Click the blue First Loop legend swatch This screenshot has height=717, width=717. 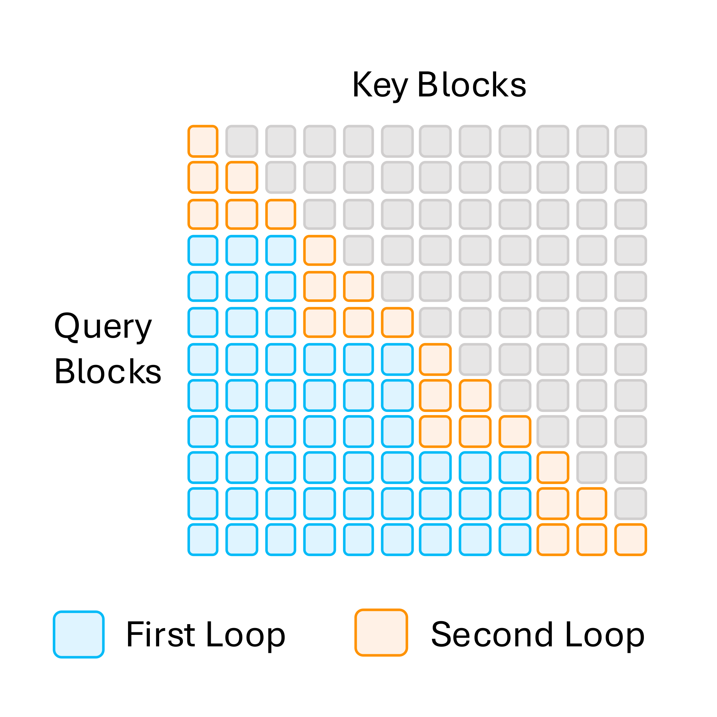point(79,634)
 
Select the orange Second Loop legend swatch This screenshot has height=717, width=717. point(381,632)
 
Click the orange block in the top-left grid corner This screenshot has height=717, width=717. point(203,141)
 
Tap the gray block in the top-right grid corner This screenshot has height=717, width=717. point(631,141)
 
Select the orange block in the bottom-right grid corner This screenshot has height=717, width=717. point(631,540)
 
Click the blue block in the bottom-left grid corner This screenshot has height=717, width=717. point(203,540)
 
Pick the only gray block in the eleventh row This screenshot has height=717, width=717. point(631,503)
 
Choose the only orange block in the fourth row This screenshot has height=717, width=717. point(319,250)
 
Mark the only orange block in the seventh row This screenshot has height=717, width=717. point(435,359)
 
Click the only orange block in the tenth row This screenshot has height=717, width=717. point(552,467)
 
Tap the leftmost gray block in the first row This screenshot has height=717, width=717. point(242,141)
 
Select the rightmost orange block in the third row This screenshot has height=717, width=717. point(281,214)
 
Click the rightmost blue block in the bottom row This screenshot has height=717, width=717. point(515,540)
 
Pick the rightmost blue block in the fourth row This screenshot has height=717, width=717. point(281,250)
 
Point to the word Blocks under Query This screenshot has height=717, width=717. point(108,371)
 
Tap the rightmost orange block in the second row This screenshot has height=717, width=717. point(242,177)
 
